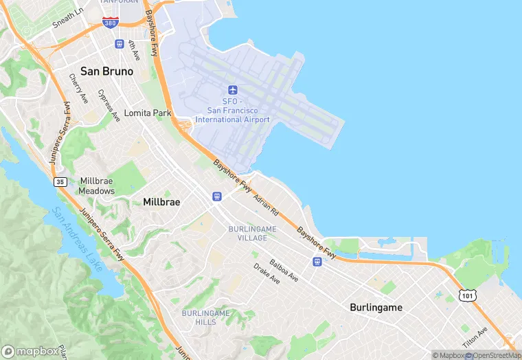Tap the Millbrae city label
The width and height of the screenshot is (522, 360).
(161, 202)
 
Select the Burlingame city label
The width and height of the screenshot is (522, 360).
(376, 307)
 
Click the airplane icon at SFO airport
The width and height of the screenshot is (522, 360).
(233, 90)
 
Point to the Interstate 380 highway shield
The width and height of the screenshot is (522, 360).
(110, 23)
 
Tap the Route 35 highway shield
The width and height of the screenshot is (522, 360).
(60, 181)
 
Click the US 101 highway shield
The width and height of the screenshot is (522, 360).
(468, 295)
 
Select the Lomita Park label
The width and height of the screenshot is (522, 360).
(147, 113)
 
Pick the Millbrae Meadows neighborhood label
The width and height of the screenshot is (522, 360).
(97, 185)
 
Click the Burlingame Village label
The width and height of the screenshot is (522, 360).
(252, 233)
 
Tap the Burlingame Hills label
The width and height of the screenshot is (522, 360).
(205, 317)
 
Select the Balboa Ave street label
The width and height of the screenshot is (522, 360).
(284, 270)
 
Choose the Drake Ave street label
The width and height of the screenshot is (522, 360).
(266, 273)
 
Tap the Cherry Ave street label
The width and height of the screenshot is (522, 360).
(78, 89)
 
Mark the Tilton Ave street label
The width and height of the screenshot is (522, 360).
(473, 337)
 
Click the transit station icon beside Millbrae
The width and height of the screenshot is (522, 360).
(217, 196)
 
